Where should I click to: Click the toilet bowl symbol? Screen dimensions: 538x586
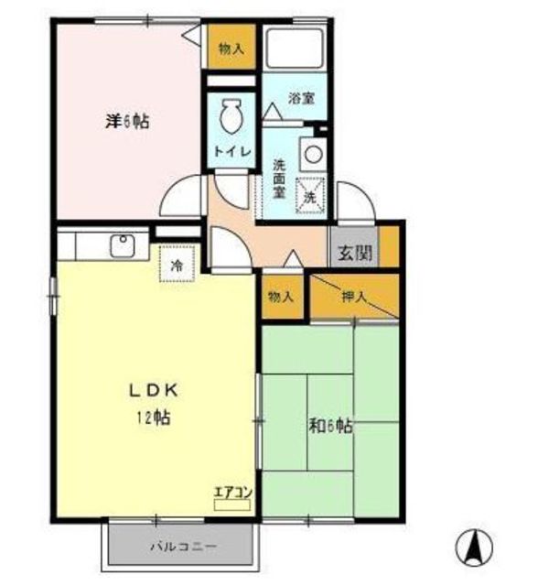tap(231, 115)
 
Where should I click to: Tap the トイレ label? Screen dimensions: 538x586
tap(231, 151)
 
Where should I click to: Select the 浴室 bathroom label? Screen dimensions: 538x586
tap(302, 98)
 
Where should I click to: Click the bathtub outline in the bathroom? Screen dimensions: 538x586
tap(295, 48)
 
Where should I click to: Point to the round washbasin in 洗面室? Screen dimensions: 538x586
tap(313, 154)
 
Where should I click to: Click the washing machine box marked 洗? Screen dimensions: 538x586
tap(310, 195)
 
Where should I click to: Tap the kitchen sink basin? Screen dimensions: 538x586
tap(122, 245)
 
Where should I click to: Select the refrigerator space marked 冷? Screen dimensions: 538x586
tap(177, 264)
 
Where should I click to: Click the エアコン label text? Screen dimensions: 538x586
tap(233, 493)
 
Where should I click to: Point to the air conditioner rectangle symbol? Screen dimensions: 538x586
tap(231, 505)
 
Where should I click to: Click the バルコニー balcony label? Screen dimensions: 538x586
tap(183, 548)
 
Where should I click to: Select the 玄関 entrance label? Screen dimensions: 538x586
tap(354, 253)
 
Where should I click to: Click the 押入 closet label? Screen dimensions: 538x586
tap(353, 297)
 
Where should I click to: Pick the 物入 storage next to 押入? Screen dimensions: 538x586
tap(282, 297)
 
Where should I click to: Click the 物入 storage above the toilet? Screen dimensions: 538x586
tap(231, 48)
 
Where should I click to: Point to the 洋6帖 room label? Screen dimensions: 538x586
tap(127, 121)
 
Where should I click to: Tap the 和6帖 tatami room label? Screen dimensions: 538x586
tap(331, 426)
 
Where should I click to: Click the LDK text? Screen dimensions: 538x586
tap(153, 391)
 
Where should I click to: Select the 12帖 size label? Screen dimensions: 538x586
tap(153, 418)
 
